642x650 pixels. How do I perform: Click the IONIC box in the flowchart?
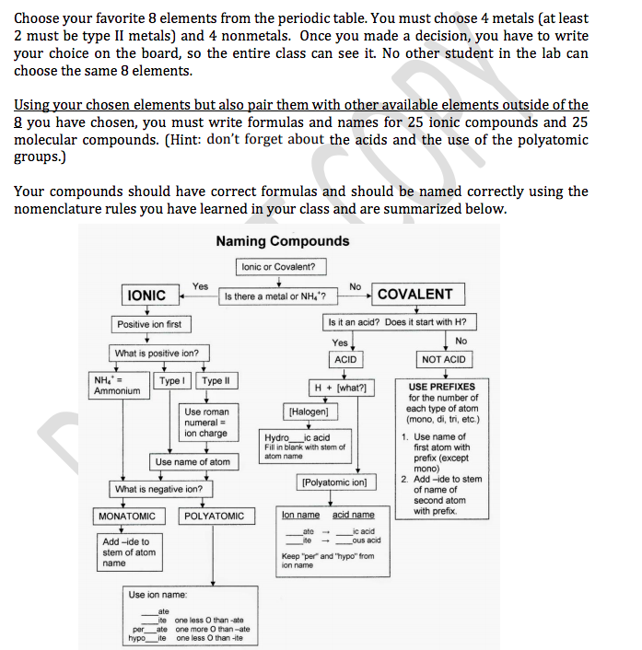[146, 295]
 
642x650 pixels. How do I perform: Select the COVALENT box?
[414, 295]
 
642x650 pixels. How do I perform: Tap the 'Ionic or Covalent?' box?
[278, 267]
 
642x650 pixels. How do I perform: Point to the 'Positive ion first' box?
[149, 324]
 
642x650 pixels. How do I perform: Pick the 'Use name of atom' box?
[193, 461]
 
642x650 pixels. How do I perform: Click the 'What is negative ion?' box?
[158, 489]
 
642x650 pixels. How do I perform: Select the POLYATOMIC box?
[215, 517]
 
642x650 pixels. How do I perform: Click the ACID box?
[345, 359]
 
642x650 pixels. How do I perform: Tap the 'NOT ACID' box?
[443, 359]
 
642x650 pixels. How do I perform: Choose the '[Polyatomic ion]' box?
[333, 482]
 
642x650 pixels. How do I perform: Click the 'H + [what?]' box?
[342, 388]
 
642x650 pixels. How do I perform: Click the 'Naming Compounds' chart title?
[283, 241]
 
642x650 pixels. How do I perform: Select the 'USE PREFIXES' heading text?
[443, 388]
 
